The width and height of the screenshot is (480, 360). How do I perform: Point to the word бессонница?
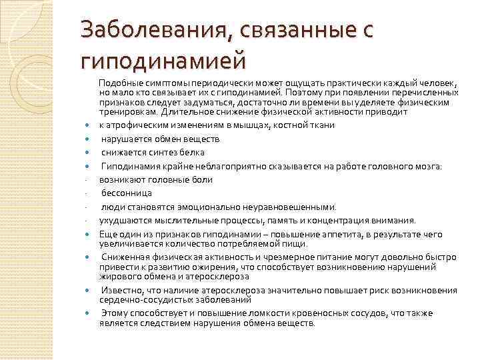pyautogui.click(x=125, y=193)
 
